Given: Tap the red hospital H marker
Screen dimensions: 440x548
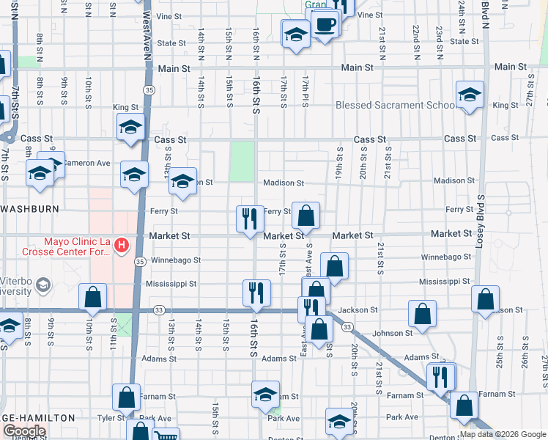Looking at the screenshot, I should pos(123,243).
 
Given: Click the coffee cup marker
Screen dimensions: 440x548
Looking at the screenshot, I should pos(325,23).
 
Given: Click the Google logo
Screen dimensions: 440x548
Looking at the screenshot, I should pos(24,431).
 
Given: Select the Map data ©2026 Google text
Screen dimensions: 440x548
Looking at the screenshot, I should pos(501,434).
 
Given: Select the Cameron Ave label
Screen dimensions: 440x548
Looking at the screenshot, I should pos(86,163).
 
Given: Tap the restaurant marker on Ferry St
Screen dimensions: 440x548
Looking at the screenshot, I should pos(250,218).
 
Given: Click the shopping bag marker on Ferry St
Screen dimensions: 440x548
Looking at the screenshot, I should pos(306,215).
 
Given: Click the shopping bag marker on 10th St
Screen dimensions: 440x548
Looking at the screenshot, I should pos(92,296).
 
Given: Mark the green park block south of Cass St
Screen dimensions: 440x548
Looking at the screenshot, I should pos(242,161).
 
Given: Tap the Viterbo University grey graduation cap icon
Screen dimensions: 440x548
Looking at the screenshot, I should pos(42,285).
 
